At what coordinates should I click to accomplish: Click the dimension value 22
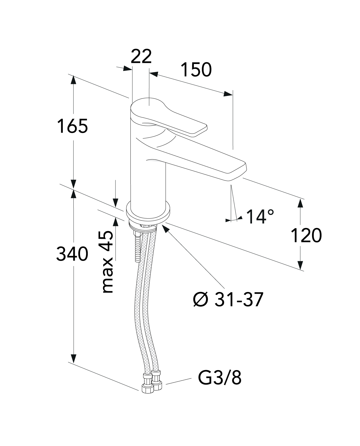(x=141, y=57)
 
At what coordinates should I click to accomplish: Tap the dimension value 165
(x=73, y=126)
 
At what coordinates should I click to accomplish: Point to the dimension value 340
(x=72, y=254)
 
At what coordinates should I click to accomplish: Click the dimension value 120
(x=306, y=235)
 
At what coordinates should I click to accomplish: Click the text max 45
(x=107, y=262)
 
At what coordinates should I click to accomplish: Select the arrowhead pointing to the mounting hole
(x=165, y=228)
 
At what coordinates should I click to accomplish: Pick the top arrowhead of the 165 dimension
(x=73, y=80)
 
